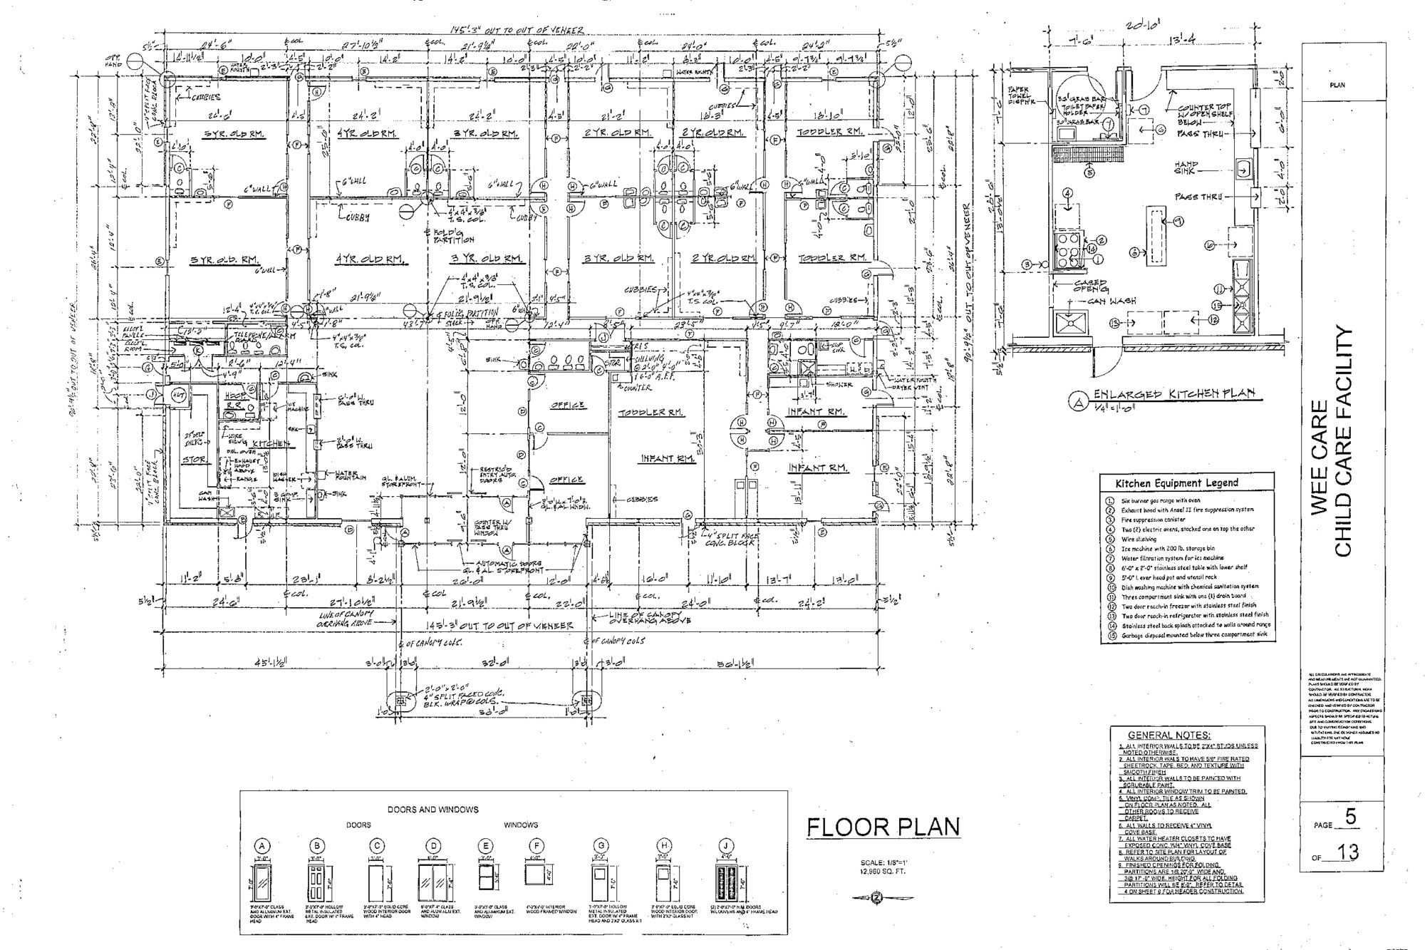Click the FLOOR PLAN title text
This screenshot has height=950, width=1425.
883,827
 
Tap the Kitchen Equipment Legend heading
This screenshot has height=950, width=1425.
1176,482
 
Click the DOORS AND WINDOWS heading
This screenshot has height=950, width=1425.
432,810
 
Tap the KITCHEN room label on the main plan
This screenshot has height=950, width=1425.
272,443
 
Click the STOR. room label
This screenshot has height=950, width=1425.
194,460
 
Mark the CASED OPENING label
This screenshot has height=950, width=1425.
1090,286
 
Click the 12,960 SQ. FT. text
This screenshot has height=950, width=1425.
883,872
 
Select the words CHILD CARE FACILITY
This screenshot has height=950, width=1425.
1343,442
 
